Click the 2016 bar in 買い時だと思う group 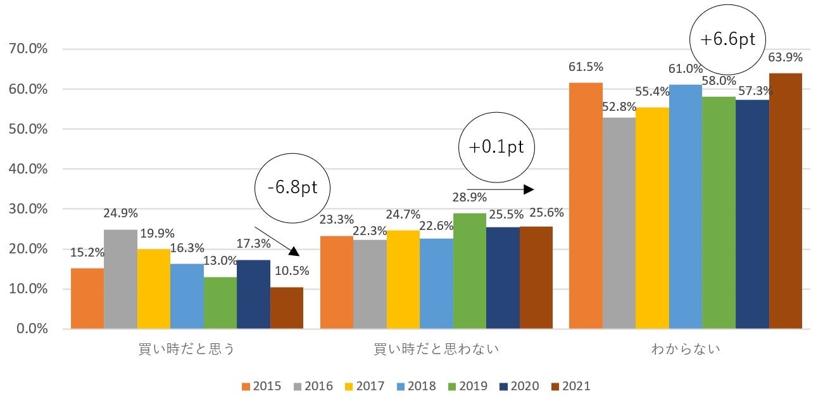[x=120, y=279]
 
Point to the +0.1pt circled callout [x=496, y=147]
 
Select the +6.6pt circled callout [x=727, y=39]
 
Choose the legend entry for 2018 [x=418, y=386]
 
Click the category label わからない [x=686, y=349]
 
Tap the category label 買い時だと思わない [x=436, y=349]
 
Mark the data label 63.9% [x=785, y=57]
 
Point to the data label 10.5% [x=291, y=271]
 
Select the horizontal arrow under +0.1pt [x=500, y=189]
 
